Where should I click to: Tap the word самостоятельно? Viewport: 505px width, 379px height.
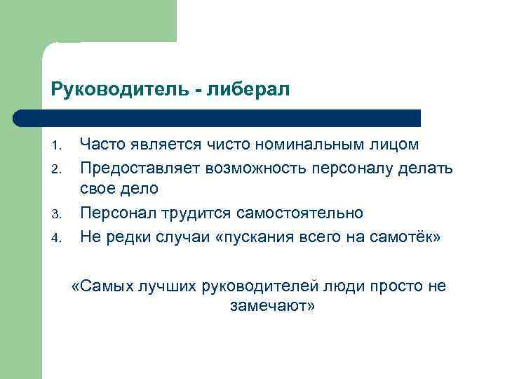coord(304,213)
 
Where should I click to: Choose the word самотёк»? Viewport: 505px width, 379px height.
coord(407,236)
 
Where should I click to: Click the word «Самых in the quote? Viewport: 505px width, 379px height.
coord(99,286)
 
